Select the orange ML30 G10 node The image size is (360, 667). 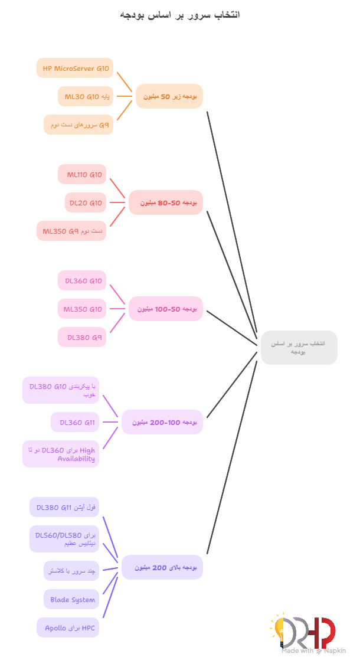click(x=86, y=96)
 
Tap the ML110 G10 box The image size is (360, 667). click(x=83, y=174)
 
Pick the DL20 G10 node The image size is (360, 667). click(x=85, y=202)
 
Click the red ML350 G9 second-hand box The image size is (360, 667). click(x=71, y=231)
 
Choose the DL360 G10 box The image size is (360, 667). click(x=83, y=280)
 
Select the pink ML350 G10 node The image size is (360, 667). click(x=83, y=309)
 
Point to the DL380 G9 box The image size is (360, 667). click(x=83, y=337)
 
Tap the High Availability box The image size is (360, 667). click(x=61, y=454)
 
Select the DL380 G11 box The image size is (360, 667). click(x=65, y=507)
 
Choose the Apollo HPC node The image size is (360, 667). click(x=68, y=627)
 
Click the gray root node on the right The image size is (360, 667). click(x=299, y=347)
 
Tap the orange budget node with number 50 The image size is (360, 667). click(x=169, y=96)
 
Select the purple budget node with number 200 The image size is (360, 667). click(x=162, y=567)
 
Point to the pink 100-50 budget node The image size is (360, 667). click(x=166, y=309)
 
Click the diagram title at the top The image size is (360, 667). click(x=180, y=14)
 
